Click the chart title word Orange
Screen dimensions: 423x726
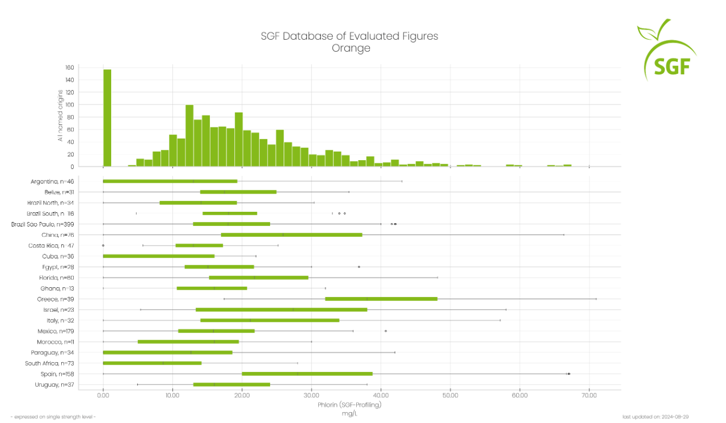tap(351, 48)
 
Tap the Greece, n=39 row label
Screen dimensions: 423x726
tap(56, 299)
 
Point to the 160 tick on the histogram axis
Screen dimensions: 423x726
tap(70, 68)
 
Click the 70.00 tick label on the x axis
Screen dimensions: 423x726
tap(589, 395)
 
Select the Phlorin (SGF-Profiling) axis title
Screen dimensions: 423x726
tap(349, 405)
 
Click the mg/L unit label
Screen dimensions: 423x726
tap(349, 413)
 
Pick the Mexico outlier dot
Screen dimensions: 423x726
tap(386, 331)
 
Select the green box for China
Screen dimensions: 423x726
tap(292, 234)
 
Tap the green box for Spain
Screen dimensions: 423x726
tap(307, 374)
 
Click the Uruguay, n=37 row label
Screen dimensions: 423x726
tap(54, 385)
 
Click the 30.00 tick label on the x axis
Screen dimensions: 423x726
tap(311, 395)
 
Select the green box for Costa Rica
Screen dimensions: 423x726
tap(199, 245)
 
